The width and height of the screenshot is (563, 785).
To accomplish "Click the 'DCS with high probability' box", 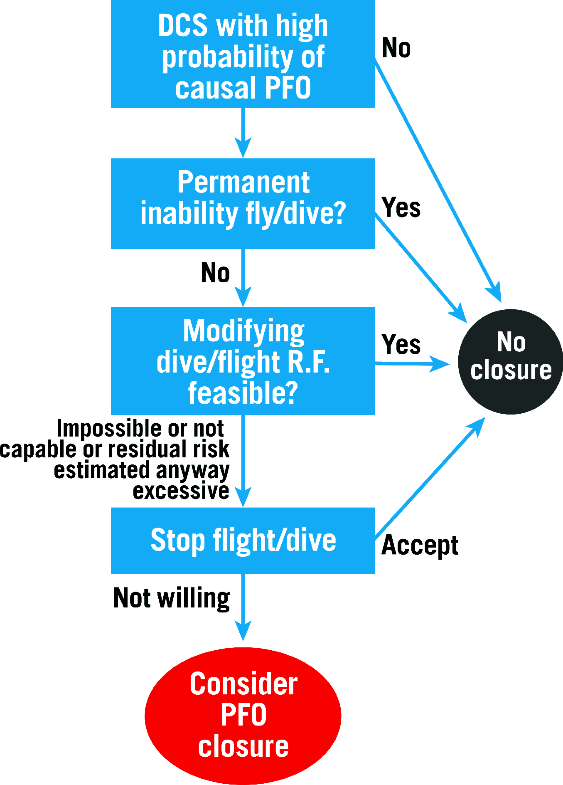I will [243, 54].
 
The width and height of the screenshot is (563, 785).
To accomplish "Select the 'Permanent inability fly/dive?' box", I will [243, 204].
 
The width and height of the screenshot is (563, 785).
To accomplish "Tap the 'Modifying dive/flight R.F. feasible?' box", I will [243, 361].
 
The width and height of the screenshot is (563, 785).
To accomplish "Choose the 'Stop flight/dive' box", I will [243, 541].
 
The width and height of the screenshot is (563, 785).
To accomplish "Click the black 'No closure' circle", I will [511, 361].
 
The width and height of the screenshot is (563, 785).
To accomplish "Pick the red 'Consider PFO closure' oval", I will [243, 715].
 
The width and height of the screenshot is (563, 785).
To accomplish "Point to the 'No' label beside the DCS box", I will [396, 48].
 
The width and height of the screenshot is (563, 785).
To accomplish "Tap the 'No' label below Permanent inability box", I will [215, 273].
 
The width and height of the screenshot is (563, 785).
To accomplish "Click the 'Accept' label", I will [420, 545].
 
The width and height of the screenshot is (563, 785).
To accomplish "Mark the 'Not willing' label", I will [172, 598].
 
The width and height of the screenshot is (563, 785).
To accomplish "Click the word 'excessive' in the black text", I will [181, 491].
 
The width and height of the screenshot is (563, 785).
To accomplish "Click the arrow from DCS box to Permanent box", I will [243, 133].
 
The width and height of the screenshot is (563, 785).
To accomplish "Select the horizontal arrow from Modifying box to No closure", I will [411, 364].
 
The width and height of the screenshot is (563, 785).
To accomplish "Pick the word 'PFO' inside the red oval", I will [243, 715].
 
